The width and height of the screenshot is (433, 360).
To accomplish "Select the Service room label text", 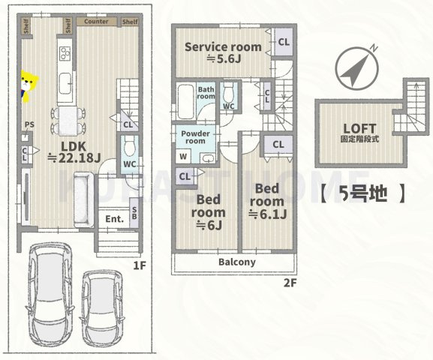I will (223, 46).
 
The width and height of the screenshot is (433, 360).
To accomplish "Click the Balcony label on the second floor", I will (237, 262).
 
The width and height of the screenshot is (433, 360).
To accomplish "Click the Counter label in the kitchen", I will (97, 22).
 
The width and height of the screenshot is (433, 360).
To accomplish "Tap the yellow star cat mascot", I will (29, 85).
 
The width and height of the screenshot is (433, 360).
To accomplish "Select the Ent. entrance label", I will (115, 219).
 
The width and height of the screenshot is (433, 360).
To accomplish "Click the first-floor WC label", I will (129, 164).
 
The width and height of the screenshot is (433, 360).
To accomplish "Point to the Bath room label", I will (206, 93).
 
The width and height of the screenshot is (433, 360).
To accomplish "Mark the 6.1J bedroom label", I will (267, 201).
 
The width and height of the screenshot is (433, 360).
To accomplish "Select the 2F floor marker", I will (289, 283).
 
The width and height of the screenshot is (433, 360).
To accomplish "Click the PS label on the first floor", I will (29, 125).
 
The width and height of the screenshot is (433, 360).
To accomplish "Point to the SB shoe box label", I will (134, 212).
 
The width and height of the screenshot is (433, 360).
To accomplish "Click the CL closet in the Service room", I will (284, 42).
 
